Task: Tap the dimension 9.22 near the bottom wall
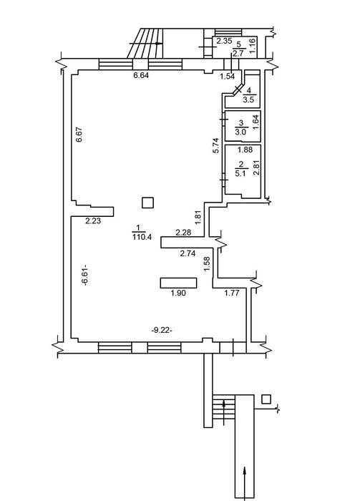tap(162, 331)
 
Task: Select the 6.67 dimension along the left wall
tap(79, 135)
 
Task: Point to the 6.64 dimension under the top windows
tap(141, 75)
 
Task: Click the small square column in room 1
tap(147, 203)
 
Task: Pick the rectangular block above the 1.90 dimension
tap(178, 283)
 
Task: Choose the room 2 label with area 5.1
tap(240, 170)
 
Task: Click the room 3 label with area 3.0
tap(240, 127)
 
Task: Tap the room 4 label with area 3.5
tap(248, 95)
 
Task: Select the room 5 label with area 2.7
tap(238, 49)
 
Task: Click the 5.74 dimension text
tap(216, 145)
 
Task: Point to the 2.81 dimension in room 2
tap(256, 168)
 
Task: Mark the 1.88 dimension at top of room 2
tap(245, 149)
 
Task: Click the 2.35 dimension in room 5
tap(224, 41)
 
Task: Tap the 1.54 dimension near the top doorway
tap(227, 76)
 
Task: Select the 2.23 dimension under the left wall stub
tap(93, 220)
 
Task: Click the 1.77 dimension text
tap(232, 293)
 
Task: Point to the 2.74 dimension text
tap(188, 253)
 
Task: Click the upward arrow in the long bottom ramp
tap(245, 480)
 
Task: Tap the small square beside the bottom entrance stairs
tap(266, 399)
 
